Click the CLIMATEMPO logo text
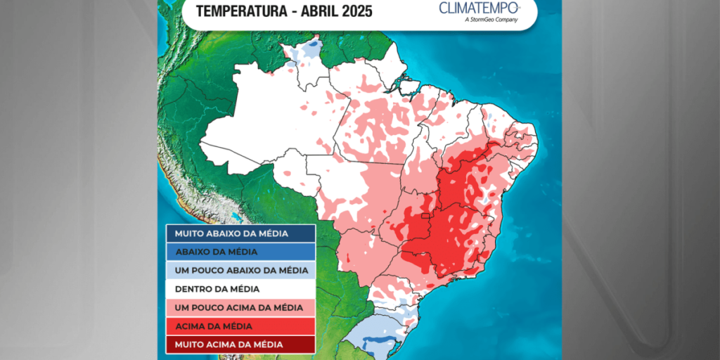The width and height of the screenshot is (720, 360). coord(479,8)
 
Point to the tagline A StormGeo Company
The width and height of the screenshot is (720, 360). coord(491,20)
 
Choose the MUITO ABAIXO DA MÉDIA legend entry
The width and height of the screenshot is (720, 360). coord(240,233)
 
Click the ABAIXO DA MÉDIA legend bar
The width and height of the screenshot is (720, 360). coord(240,252)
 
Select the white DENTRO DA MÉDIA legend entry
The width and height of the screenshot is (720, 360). coord(240,289)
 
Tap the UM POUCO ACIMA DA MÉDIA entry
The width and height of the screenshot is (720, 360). coord(240,307)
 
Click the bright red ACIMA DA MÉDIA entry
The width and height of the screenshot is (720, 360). coord(240,326)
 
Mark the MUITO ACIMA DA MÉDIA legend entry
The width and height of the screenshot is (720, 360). coord(240,345)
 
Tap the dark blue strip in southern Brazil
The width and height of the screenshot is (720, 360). coord(377,342)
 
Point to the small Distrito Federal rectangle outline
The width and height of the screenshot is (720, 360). coord(425,217)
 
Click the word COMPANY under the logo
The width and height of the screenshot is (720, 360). coord(505,20)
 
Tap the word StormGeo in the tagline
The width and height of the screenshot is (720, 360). coord(482,20)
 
